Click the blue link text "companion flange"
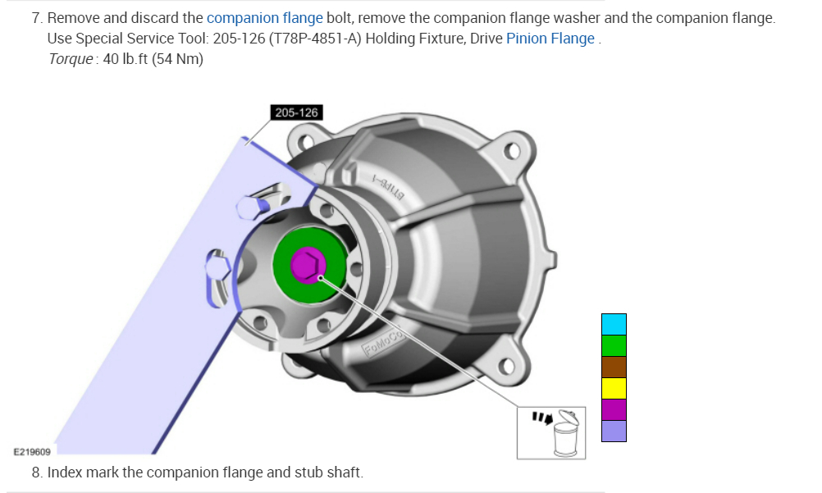click(x=265, y=18)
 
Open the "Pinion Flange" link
click(x=550, y=39)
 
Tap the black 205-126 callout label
click(x=296, y=112)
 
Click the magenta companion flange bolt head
click(x=308, y=265)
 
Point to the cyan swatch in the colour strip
click(x=614, y=325)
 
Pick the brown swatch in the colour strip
click(x=614, y=367)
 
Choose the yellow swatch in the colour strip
click(x=614, y=389)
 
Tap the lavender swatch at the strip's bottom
click(x=614, y=431)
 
